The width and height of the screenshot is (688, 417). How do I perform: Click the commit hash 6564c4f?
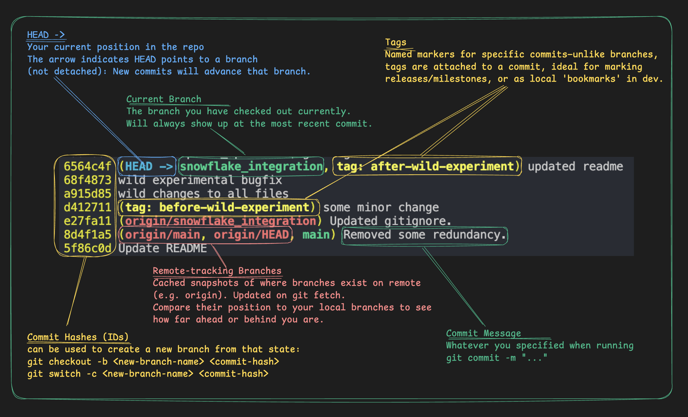click(x=87, y=166)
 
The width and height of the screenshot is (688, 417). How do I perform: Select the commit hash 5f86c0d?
click(x=87, y=248)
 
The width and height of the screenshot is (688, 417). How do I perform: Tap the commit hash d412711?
click(x=87, y=207)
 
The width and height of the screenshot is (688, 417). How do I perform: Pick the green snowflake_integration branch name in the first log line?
click(x=251, y=166)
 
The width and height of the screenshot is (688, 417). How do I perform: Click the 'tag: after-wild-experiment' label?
click(x=427, y=166)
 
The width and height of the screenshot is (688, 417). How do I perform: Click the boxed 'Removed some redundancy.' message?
click(x=424, y=235)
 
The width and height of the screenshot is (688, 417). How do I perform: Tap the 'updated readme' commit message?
click(x=575, y=166)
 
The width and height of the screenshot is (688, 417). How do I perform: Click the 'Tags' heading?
click(x=396, y=42)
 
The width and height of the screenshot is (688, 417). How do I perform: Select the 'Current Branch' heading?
click(x=164, y=99)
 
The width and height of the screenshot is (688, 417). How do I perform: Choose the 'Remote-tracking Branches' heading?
click(x=217, y=271)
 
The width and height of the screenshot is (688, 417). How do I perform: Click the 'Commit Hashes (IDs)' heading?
click(x=78, y=337)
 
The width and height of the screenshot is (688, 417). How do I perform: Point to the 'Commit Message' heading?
click(x=483, y=333)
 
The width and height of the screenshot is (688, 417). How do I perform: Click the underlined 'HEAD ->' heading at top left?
click(x=46, y=35)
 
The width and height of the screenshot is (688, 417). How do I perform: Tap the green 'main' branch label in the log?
click(x=316, y=235)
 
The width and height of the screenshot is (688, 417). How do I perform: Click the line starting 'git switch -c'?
click(x=148, y=374)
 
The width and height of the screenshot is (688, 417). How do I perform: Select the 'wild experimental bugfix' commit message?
click(x=200, y=180)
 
